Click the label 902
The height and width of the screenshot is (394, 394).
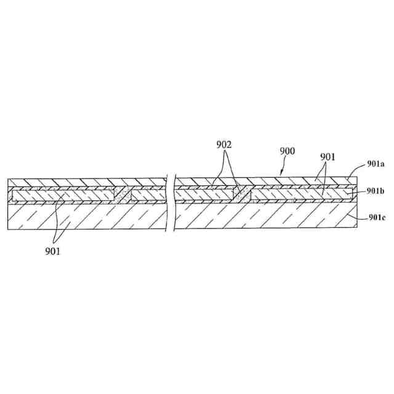(x=224, y=145)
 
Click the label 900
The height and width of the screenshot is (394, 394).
(x=287, y=151)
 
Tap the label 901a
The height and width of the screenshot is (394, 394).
(x=376, y=164)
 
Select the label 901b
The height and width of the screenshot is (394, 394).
(x=376, y=191)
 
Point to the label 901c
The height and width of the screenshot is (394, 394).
(x=377, y=217)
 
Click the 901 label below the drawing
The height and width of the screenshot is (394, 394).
(x=52, y=251)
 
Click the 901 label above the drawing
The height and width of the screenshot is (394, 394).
(x=328, y=157)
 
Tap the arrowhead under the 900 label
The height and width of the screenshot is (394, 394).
(x=282, y=172)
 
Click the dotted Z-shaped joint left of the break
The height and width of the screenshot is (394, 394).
(x=123, y=195)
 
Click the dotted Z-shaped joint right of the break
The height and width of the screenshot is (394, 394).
(x=242, y=194)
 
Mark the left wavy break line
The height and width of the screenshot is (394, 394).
(x=166, y=202)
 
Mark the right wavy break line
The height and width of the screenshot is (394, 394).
(x=174, y=202)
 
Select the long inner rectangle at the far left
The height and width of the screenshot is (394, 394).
(x=63, y=195)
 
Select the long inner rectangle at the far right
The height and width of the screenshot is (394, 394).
(x=302, y=195)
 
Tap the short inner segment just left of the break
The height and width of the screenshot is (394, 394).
(x=148, y=196)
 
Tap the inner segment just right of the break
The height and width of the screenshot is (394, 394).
(x=204, y=195)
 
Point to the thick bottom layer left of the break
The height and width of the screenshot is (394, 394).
(x=87, y=216)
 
